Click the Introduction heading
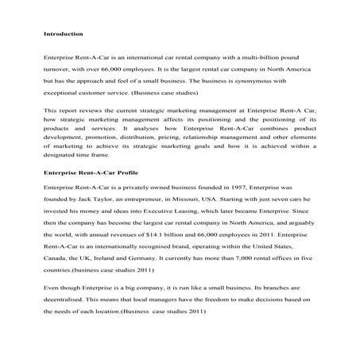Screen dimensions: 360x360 click(61, 34)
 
